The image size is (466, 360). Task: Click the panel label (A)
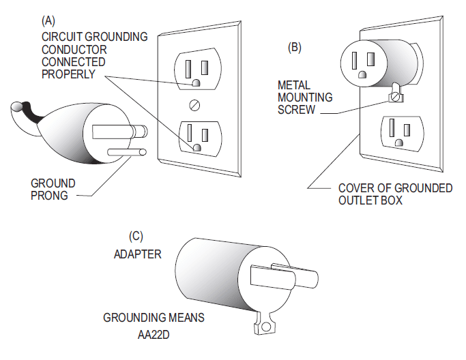tap(49, 20)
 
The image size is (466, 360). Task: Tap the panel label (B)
tap(294, 47)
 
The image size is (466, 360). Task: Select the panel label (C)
tap(136, 236)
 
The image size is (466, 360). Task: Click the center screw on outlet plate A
tap(196, 105)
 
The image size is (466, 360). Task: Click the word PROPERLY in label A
tap(68, 74)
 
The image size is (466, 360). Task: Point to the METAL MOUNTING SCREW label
tap(305, 97)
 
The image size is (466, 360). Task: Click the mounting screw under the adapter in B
tap(394, 97)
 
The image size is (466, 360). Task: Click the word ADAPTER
tap(137, 254)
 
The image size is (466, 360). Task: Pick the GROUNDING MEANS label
tap(154, 318)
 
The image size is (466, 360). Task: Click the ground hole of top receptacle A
tap(196, 82)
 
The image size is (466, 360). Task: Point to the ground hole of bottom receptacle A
tap(196, 147)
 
